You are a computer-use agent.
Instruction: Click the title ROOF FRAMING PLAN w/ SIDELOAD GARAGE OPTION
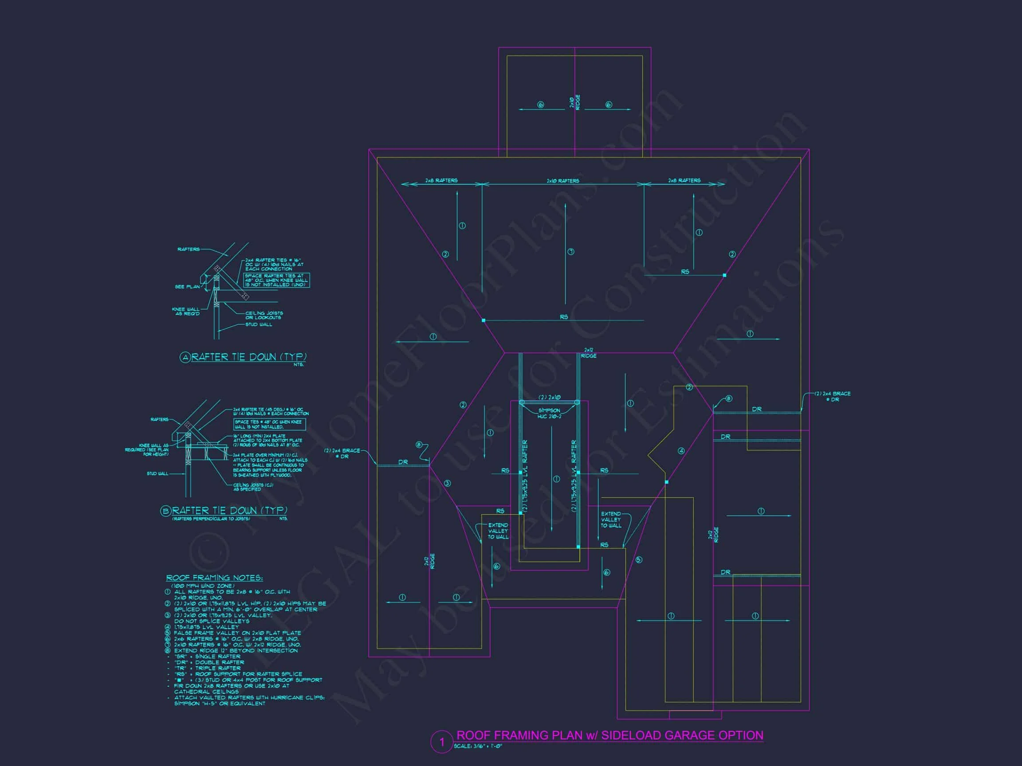point(609,735)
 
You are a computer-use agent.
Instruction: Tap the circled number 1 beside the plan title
point(441,742)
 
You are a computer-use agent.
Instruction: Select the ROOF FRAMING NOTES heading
point(214,578)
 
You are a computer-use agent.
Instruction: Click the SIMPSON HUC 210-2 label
point(549,413)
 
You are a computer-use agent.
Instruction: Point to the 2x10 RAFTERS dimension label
point(563,180)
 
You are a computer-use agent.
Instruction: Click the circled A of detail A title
point(185,357)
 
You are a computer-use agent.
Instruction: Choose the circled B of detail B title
point(166,511)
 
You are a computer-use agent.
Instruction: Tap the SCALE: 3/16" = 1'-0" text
point(478,746)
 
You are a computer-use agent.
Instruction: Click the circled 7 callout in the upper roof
point(571,252)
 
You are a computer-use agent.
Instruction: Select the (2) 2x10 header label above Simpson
point(549,397)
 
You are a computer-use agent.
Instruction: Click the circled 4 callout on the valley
point(681,451)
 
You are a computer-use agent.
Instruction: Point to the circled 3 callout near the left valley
point(447,484)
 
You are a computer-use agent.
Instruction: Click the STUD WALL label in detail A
point(259,324)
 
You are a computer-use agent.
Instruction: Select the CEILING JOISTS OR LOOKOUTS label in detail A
point(264,315)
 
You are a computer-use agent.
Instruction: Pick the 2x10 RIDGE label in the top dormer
point(575,102)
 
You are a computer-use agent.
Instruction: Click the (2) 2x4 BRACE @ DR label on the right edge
point(833,397)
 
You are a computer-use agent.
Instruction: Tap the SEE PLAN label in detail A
point(187,287)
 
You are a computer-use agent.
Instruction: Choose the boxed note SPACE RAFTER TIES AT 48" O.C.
point(276,280)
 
